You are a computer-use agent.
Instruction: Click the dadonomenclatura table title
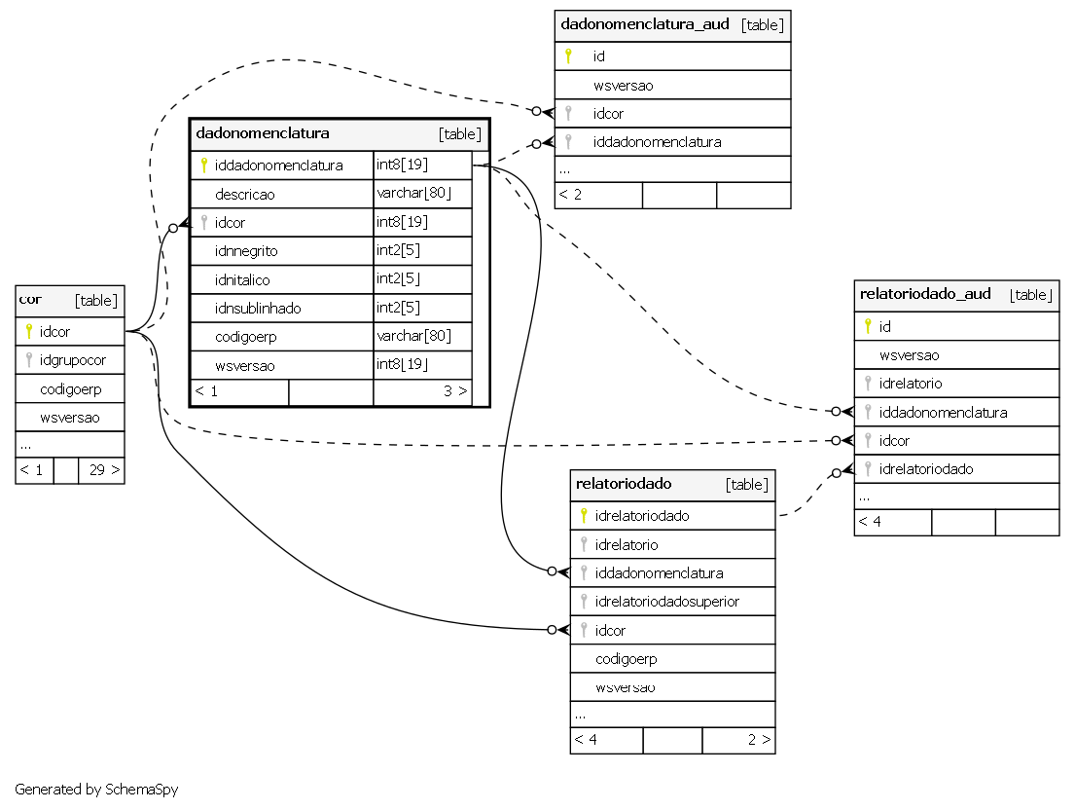[263, 133]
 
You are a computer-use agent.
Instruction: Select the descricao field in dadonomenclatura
[245, 194]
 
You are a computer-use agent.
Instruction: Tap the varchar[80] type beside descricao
[414, 193]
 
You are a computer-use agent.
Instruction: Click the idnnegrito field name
[246, 251]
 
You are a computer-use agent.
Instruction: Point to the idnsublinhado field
[258, 308]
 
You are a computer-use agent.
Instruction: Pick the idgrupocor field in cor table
[73, 360]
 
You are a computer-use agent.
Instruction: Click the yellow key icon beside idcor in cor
[29, 331]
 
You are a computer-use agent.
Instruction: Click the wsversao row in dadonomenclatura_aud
[624, 85]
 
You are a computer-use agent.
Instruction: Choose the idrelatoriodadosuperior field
[667, 602]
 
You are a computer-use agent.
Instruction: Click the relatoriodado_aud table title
[925, 294]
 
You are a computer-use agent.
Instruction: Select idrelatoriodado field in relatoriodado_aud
[926, 469]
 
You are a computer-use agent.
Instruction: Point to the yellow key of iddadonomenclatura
[203, 165]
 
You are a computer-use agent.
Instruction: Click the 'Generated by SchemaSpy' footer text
[96, 790]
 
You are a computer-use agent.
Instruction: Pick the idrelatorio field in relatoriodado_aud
[911, 384]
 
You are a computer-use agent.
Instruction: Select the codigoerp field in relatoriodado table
[626, 659]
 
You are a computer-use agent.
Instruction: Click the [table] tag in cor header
[96, 301]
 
